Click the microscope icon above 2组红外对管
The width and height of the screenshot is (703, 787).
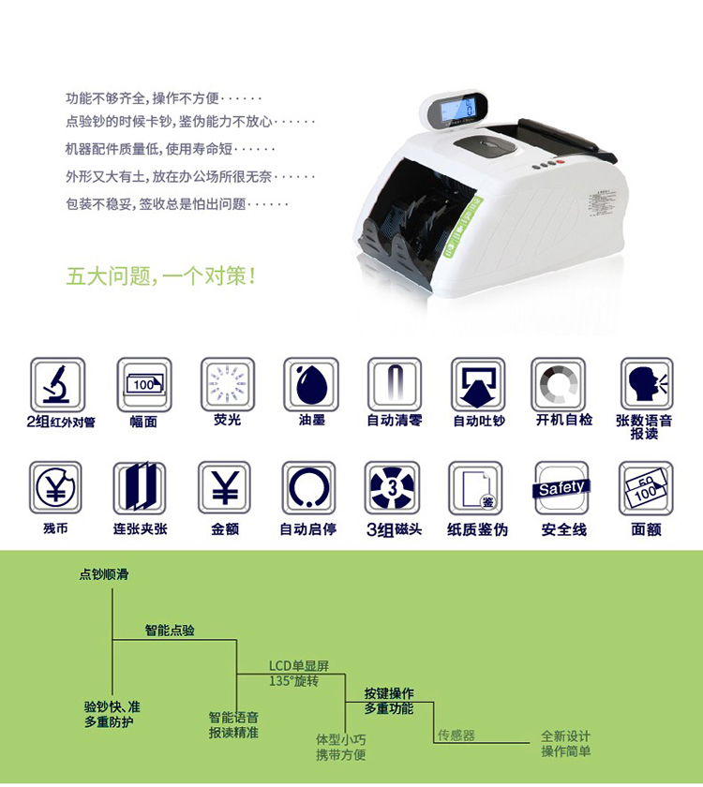point(57,384)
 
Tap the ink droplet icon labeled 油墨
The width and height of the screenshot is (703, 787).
point(311,384)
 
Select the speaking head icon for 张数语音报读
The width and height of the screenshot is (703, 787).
point(647,384)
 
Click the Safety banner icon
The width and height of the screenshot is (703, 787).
point(561,488)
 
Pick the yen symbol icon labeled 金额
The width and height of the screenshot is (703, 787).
point(224,488)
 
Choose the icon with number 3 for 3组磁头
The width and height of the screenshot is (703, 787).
point(392,488)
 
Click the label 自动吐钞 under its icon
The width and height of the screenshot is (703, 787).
point(479,421)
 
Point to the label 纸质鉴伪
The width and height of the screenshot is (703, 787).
point(477,529)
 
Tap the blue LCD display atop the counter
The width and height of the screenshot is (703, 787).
point(457,110)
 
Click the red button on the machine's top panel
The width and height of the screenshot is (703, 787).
point(561,161)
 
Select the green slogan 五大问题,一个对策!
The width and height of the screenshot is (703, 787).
point(161,276)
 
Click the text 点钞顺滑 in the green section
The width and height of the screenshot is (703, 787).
point(104,574)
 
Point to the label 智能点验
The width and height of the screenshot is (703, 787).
point(170,631)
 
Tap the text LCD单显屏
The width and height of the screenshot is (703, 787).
point(299,666)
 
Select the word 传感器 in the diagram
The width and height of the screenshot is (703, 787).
point(456,735)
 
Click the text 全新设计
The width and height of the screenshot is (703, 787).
point(566,736)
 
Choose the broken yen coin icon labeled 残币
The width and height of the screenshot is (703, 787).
point(55,488)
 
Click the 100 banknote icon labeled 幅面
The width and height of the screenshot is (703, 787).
point(144,384)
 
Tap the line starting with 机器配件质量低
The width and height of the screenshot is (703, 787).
point(171,149)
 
